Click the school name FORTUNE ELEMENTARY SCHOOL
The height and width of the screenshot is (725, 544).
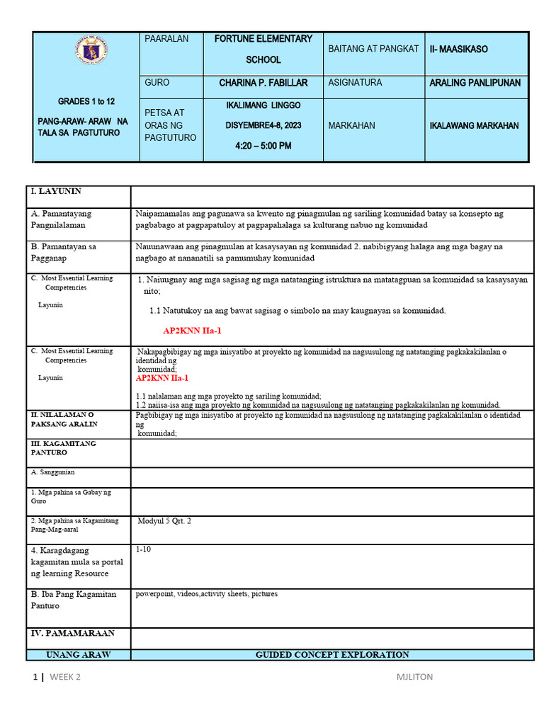tap(263, 50)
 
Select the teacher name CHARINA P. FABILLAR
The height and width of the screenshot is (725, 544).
tap(263, 83)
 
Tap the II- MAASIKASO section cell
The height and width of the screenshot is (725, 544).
tap(458, 50)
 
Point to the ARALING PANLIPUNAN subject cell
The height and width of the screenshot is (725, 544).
tap(475, 83)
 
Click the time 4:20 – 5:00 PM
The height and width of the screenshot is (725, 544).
tap(263, 146)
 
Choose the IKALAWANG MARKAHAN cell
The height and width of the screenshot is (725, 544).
tap(474, 125)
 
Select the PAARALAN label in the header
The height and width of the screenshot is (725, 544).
tap(166, 39)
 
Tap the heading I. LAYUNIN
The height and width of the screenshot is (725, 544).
tap(56, 191)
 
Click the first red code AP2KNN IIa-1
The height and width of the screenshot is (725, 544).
tap(187, 331)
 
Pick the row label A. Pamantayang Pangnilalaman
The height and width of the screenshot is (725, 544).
tap(61, 219)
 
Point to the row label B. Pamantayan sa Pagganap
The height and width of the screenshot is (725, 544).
tap(63, 252)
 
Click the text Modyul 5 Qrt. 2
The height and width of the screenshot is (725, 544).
tap(164, 521)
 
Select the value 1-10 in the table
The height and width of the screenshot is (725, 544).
tap(143, 549)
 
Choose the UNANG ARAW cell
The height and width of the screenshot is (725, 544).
tap(78, 655)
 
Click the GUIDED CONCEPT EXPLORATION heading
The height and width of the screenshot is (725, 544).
tap(332, 655)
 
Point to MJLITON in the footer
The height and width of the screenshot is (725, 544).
tap(414, 677)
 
